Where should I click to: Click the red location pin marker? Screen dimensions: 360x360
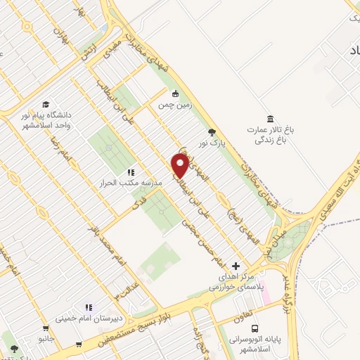click(x=181, y=165)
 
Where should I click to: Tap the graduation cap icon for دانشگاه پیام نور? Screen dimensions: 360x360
click(x=46, y=103)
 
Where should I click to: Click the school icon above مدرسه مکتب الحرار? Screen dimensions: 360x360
click(x=130, y=172)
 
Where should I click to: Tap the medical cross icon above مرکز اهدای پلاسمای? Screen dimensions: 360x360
click(x=236, y=266)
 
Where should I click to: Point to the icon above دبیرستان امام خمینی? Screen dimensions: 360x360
click(x=89, y=307)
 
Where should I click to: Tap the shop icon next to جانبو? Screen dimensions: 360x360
click(x=46, y=328)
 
